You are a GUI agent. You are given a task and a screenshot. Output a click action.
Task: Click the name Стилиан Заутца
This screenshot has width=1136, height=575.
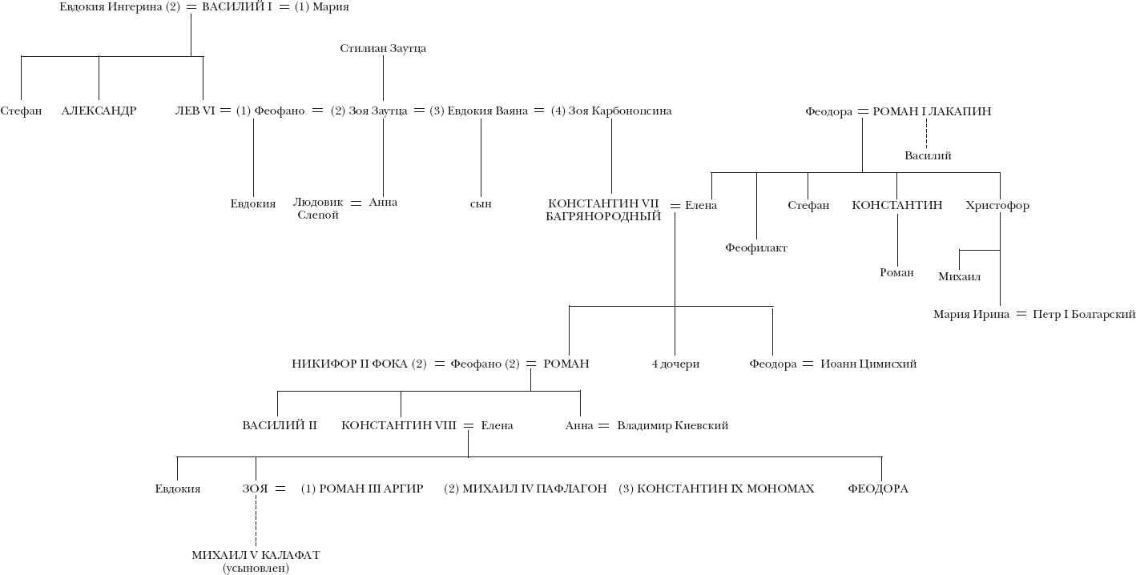(x=382, y=49)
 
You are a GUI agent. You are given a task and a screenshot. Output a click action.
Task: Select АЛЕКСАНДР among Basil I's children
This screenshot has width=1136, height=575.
(x=99, y=111)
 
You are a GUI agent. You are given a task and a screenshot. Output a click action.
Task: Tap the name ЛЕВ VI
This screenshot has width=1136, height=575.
(x=195, y=111)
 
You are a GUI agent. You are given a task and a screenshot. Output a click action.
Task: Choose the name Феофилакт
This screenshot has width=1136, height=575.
(x=756, y=248)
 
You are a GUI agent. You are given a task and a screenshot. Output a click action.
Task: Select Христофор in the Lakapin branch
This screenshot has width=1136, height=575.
(x=997, y=206)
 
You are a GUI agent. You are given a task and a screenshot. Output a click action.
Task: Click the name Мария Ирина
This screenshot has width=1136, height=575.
(x=971, y=315)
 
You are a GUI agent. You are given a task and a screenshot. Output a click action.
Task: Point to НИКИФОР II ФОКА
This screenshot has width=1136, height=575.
(x=349, y=364)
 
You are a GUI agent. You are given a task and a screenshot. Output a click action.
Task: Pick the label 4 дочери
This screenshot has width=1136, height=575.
(x=675, y=364)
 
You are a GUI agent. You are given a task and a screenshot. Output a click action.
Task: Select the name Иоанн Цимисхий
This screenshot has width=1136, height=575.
(x=868, y=364)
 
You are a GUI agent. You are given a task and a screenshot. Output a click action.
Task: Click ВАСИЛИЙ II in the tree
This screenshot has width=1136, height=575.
(x=280, y=426)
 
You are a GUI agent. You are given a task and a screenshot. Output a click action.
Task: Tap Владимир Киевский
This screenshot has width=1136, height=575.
(x=672, y=426)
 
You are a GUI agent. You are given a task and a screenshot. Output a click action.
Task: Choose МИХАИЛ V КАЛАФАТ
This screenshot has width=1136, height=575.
(x=256, y=555)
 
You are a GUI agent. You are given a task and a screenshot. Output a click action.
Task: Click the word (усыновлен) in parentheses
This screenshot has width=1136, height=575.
(x=256, y=569)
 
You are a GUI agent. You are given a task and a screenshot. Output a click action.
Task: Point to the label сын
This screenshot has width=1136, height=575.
(x=481, y=204)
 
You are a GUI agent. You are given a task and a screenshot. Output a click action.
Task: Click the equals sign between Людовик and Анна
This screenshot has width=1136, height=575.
(x=356, y=203)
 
